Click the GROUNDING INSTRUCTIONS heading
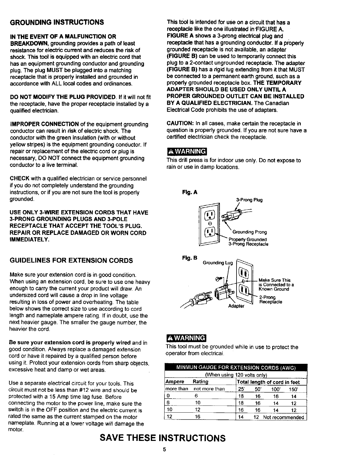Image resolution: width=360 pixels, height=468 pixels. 57,22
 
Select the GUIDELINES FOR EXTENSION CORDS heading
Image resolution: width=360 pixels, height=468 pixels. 71,260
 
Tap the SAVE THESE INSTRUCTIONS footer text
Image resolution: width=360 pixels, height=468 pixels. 162,438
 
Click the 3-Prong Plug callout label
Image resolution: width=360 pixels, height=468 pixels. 249,200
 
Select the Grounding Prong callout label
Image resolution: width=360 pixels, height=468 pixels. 250,232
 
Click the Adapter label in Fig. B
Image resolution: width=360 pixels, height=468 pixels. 236,306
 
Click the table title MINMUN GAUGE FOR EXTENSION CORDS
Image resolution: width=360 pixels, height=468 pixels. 235,368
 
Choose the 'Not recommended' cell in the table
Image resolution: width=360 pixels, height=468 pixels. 284,417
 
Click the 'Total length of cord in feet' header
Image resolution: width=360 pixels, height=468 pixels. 268,382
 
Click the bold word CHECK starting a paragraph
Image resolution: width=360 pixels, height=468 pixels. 19,179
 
